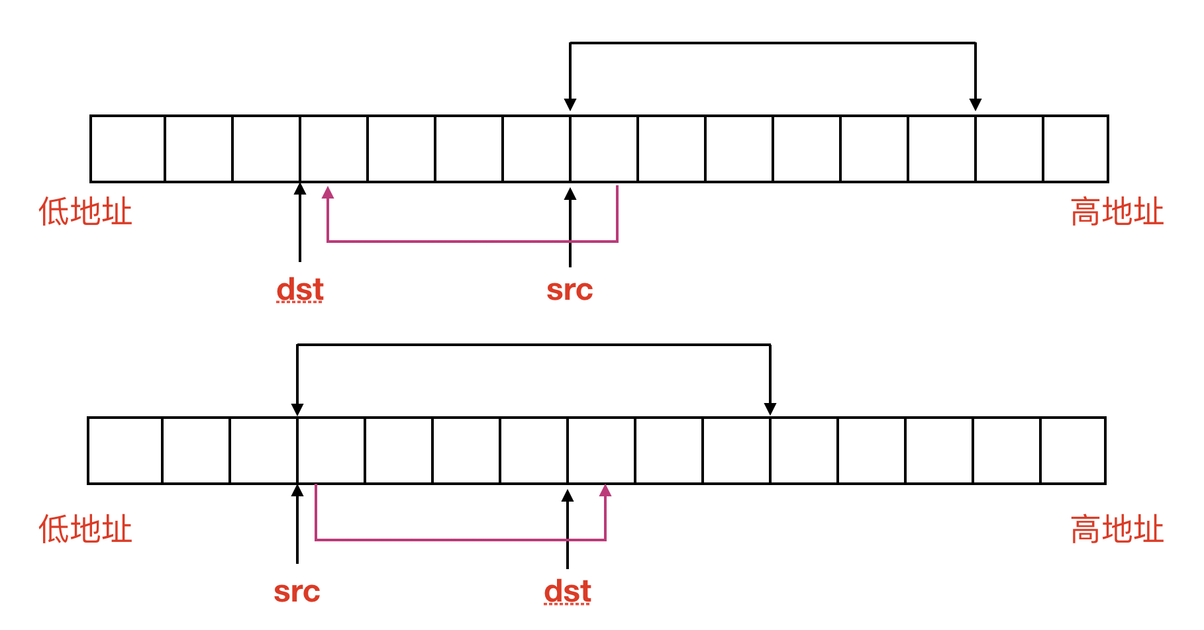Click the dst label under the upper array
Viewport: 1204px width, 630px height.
coord(300,290)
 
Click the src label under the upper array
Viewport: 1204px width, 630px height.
coord(570,290)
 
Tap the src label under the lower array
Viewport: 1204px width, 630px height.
coord(297,592)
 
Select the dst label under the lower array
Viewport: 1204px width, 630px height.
coord(568,592)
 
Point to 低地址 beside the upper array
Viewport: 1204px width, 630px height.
coord(85,212)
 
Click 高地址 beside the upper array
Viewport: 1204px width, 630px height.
coord(1117,212)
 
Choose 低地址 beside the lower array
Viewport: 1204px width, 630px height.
coord(85,529)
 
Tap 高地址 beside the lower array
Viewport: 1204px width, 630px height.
coord(1117,529)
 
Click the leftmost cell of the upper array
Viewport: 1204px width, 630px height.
coord(128,149)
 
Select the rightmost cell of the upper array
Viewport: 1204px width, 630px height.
coord(1076,149)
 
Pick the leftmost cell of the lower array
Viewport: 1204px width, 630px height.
coord(125,451)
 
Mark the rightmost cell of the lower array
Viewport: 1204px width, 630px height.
coord(1073,451)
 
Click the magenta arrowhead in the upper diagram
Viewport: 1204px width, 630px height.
coord(328,193)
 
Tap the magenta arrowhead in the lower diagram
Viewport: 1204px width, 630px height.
coord(605,490)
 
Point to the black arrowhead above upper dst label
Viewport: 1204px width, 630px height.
coord(300,189)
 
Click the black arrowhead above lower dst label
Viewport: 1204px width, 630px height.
coord(568,496)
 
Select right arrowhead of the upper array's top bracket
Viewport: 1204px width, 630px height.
coord(976,105)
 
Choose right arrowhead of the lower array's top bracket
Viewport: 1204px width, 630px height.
coord(770,408)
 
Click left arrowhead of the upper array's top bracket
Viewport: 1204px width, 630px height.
coord(570,105)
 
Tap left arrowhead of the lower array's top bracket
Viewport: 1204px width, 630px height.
coord(297,409)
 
